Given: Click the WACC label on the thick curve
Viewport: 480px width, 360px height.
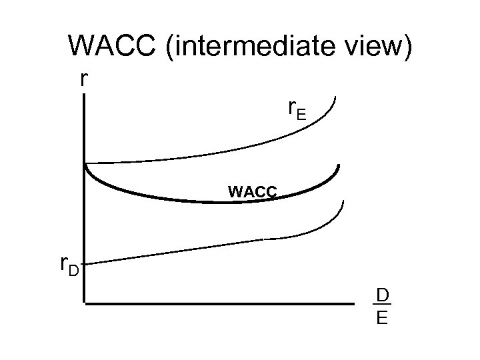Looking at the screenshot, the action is (x=252, y=192).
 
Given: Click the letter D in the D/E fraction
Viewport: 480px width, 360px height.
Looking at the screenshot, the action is (x=382, y=295).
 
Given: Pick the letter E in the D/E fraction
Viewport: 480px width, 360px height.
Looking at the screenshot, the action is (x=382, y=317).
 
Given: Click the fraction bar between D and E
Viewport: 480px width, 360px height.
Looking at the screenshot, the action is (x=382, y=305).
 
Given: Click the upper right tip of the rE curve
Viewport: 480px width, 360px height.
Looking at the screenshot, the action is (x=336, y=99).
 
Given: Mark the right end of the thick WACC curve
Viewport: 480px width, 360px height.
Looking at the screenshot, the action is (x=339, y=165).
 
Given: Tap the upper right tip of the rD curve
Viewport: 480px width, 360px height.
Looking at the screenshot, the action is (x=344, y=200).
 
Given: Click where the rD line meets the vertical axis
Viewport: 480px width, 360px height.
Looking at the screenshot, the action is (x=85, y=263).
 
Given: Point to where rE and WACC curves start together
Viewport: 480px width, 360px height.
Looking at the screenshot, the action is (x=85, y=163).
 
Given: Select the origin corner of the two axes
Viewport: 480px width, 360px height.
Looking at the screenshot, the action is (x=85, y=305).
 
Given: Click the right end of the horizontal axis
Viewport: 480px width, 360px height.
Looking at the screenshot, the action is (x=354, y=305).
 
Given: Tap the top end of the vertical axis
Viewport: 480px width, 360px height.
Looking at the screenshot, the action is (x=85, y=95).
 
